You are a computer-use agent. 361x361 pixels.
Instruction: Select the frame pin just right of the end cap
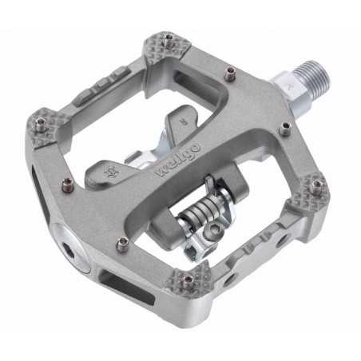(121, 244)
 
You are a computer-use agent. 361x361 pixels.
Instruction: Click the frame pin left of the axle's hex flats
(231, 77)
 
